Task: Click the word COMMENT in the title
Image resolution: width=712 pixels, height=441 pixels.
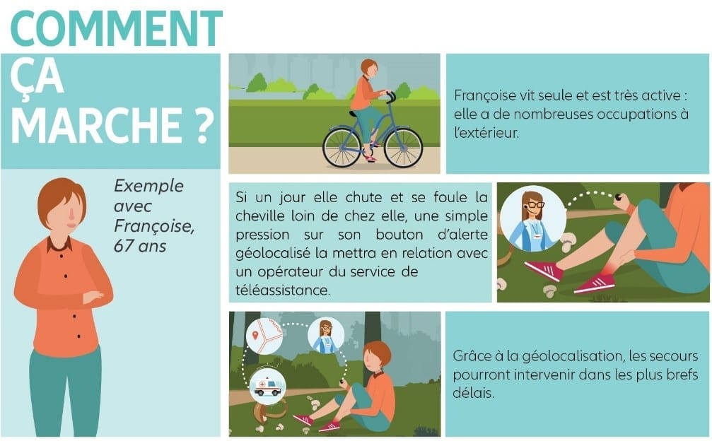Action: [x=116, y=28]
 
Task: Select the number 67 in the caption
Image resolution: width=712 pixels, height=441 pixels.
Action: [x=122, y=246]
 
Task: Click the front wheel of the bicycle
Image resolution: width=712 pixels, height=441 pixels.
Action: [x=403, y=148]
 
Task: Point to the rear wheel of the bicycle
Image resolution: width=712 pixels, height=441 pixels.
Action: [x=342, y=147]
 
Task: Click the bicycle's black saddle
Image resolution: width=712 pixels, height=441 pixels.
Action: [x=354, y=113]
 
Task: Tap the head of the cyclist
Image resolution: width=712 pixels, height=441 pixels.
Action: [x=370, y=69]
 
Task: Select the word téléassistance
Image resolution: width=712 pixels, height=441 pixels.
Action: [x=282, y=290]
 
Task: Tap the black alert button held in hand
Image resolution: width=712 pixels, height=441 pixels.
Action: [x=618, y=197]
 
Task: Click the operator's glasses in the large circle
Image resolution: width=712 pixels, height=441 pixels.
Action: [x=535, y=205]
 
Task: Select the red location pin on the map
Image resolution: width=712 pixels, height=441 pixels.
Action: [x=255, y=335]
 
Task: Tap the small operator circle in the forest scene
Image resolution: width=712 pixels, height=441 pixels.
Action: [x=325, y=336]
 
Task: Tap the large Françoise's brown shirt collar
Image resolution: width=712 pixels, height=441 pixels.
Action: [x=59, y=245]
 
